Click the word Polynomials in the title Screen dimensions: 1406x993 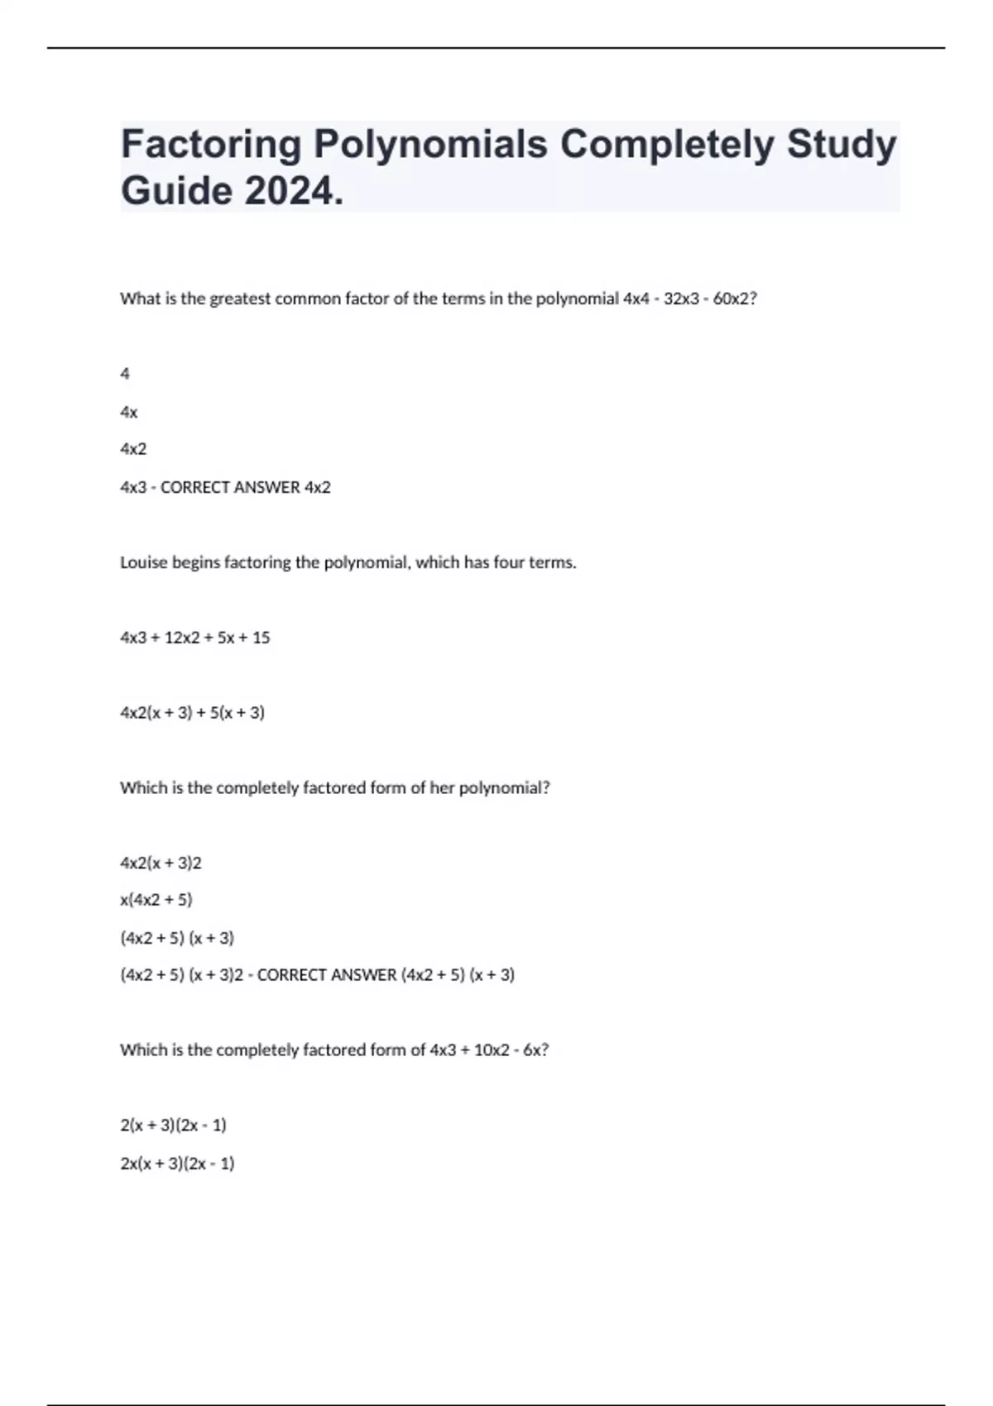pos(430,144)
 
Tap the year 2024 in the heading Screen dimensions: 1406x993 pos(293,192)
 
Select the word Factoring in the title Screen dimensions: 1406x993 pos(211,144)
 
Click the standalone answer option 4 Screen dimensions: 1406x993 pos(125,374)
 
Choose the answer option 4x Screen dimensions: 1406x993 pos(129,412)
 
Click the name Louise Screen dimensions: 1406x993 pos(144,562)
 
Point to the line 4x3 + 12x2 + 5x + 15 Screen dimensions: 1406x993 pos(195,638)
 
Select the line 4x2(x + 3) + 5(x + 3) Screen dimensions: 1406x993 pos(193,712)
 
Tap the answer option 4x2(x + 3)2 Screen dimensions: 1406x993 pos(161,863)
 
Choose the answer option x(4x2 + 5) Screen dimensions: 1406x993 pos(156,900)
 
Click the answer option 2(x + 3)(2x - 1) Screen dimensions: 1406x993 pos(174,1125)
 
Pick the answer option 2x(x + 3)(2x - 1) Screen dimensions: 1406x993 pos(178,1163)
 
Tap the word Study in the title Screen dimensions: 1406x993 pos(842,144)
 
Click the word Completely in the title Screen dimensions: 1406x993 pos(668,144)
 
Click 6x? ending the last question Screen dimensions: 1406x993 pos(536,1050)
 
